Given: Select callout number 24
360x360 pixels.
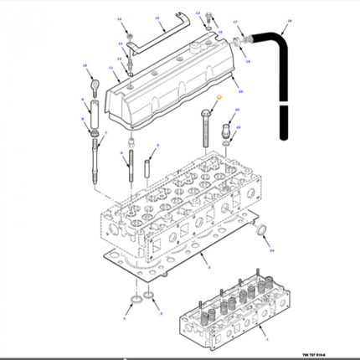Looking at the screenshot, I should (x=270, y=250).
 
